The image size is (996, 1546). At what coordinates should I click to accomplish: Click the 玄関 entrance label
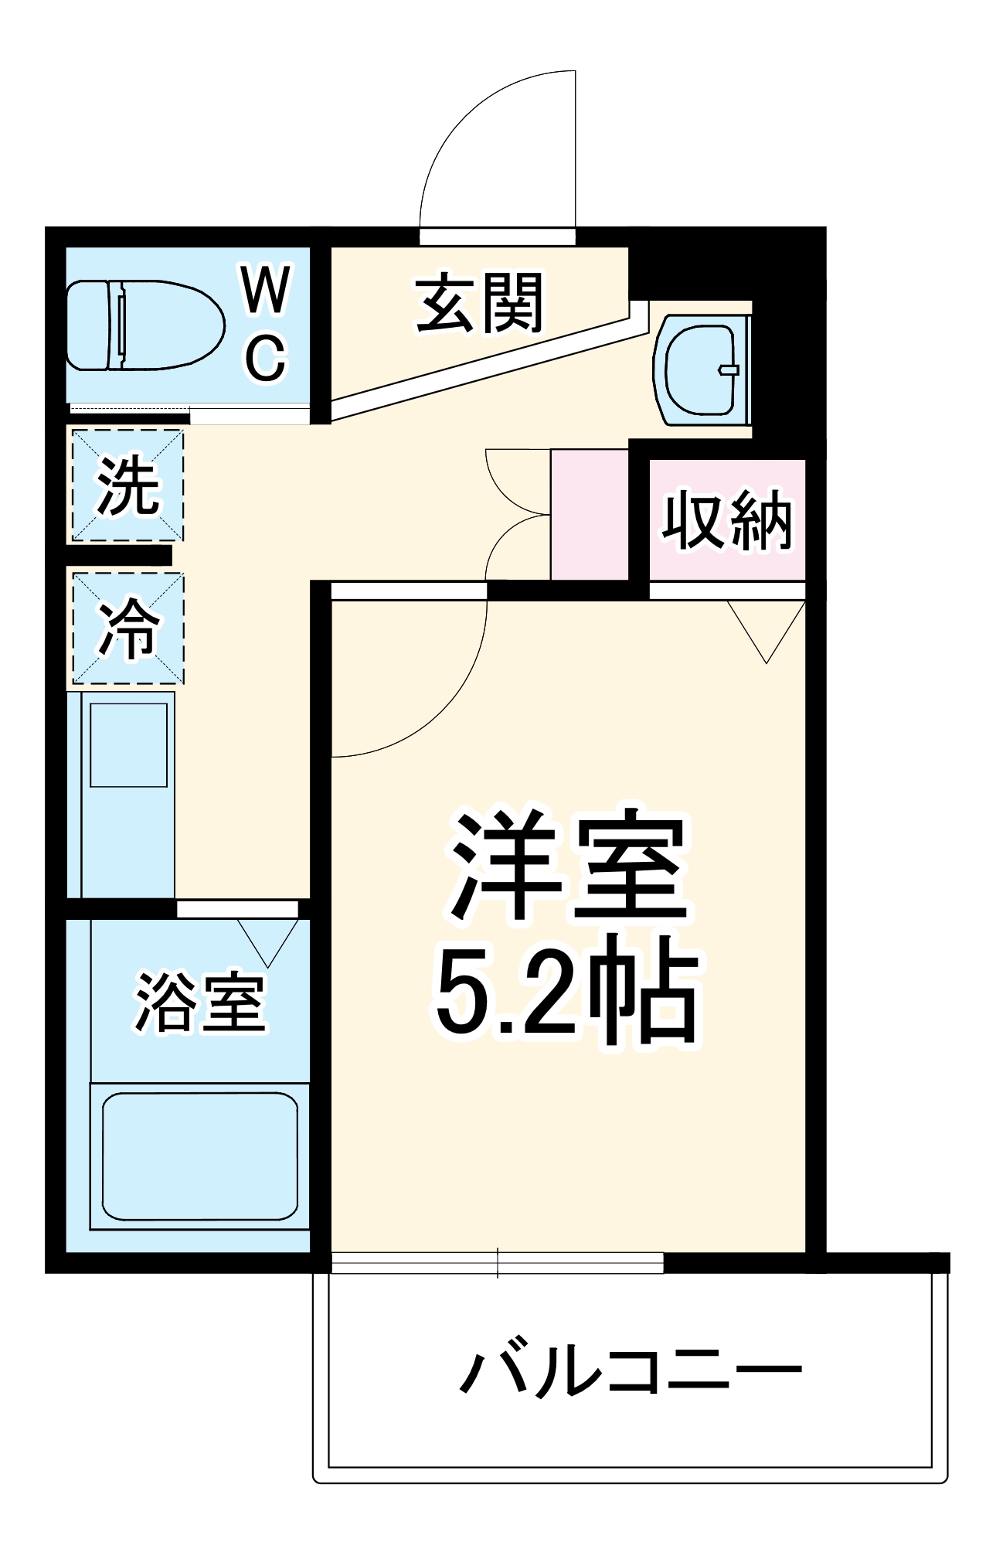pyautogui.click(x=479, y=303)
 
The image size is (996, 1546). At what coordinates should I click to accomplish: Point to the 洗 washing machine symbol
pyautogui.click(x=127, y=485)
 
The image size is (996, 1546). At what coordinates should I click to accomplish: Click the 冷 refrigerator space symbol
pyautogui.click(x=127, y=628)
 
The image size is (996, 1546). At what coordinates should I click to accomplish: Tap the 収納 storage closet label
pyautogui.click(x=727, y=520)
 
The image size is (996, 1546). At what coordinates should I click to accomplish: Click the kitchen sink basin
pyautogui.click(x=128, y=744)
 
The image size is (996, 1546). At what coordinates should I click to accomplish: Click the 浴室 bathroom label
pyautogui.click(x=200, y=1003)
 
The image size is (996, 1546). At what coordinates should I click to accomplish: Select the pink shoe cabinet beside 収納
pyautogui.click(x=589, y=513)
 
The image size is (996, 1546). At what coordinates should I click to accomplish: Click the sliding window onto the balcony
pyautogui.click(x=497, y=1262)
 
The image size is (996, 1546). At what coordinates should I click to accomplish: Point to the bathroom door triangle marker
pyautogui.click(x=267, y=939)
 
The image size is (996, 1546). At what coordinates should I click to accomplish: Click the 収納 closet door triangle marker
pyautogui.click(x=767, y=628)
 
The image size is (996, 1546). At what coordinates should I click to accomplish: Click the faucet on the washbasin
pyautogui.click(x=728, y=369)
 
